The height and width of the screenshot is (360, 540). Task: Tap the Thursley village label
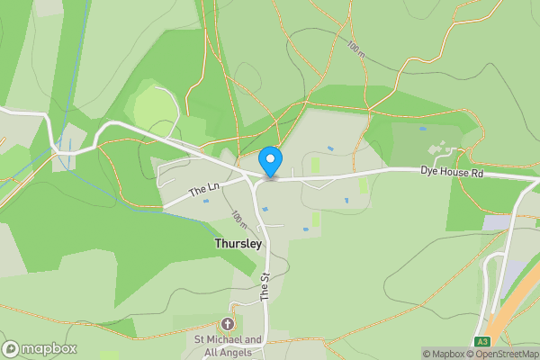238,243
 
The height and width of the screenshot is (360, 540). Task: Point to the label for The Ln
204,189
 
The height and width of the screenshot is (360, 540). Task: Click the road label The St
265,286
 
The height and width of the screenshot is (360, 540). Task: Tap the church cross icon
228,324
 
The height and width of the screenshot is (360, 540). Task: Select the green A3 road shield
483,341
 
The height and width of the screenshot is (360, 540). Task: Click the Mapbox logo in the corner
40,348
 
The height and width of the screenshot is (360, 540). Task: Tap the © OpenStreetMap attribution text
500,354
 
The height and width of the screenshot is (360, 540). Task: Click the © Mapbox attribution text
441,354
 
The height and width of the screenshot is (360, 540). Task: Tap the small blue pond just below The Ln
206,201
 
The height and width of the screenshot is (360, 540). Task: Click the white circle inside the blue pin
271,159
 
